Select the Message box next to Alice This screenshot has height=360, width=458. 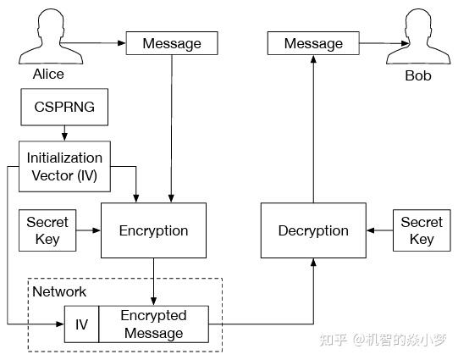(x=172, y=43)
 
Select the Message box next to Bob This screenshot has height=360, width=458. (x=313, y=43)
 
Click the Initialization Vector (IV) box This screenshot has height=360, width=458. (x=64, y=165)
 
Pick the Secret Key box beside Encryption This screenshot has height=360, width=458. (x=47, y=230)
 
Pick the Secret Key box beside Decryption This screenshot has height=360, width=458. (x=422, y=230)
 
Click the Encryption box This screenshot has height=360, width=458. (x=153, y=230)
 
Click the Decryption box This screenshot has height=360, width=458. (x=313, y=230)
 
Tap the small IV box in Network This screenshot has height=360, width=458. (x=81, y=324)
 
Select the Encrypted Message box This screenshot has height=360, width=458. (x=152, y=324)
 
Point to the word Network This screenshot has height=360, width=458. (x=58, y=291)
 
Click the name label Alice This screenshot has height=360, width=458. (x=48, y=75)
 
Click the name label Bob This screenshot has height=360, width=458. (x=417, y=75)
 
